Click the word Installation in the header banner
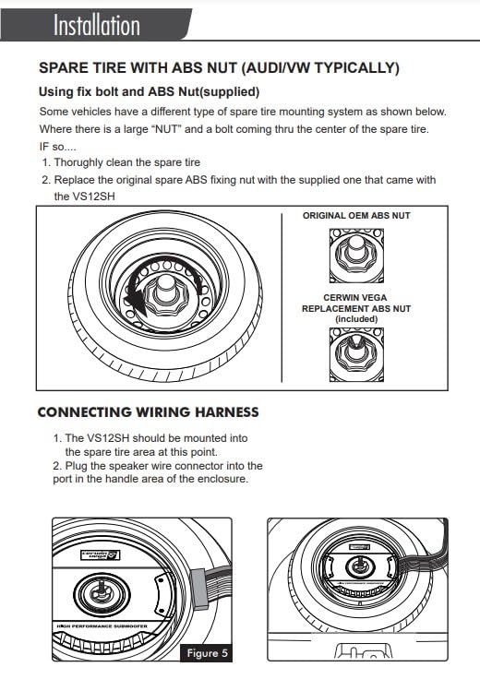97,25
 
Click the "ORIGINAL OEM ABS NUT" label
356,216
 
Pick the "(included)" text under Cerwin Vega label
356,318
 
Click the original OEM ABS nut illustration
356,256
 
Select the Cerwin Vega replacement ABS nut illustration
356,355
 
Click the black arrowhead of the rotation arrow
136,304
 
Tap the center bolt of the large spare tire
166,289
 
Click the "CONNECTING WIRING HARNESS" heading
148,412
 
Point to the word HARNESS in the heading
226,412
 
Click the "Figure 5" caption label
207,652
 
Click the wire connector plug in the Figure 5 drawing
199,590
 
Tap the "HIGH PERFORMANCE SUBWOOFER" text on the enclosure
102,625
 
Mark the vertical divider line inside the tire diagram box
282,298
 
